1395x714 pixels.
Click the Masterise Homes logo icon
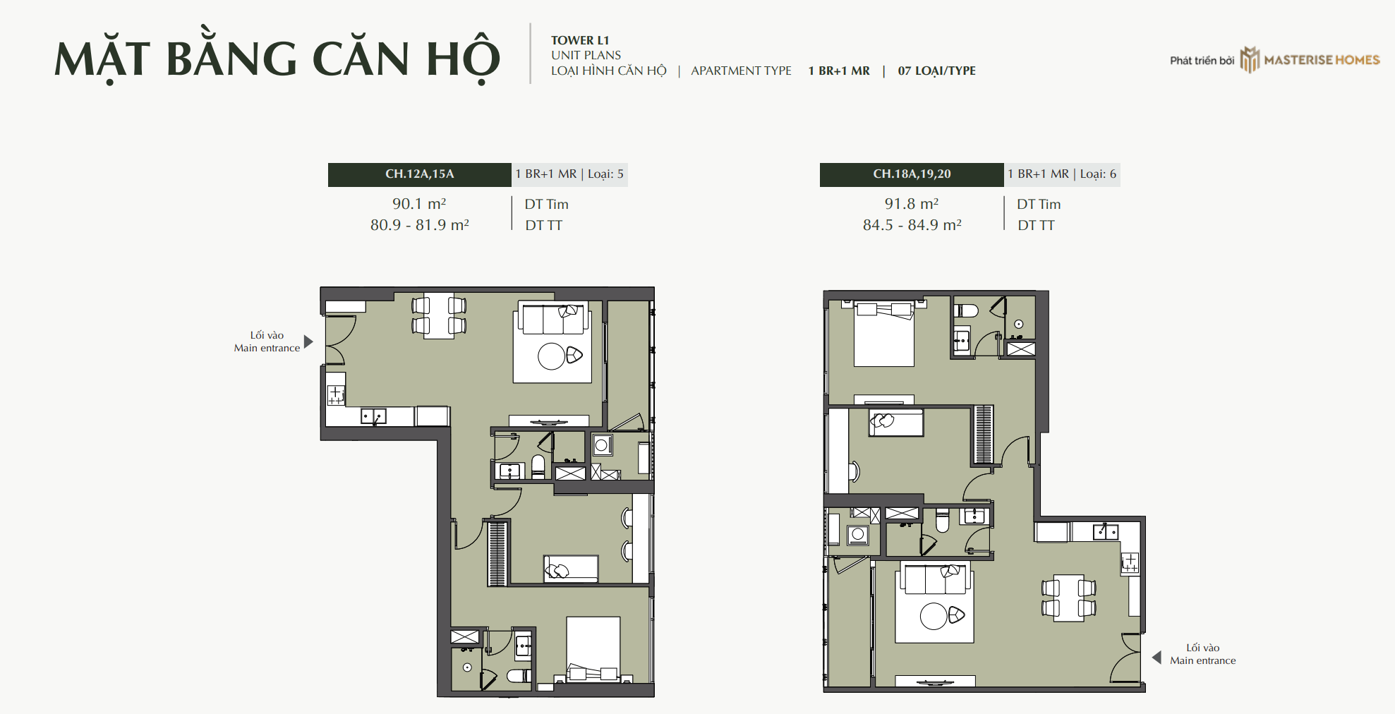(1250, 60)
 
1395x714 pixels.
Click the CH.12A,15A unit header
(420, 174)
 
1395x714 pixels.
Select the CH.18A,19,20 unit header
(912, 174)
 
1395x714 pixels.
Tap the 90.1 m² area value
(419, 204)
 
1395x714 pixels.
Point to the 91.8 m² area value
(912, 204)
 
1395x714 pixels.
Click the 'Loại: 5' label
(605, 174)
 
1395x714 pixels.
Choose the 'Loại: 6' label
(1098, 174)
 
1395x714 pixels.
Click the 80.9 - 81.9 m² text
(420, 225)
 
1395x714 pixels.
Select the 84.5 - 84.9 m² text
(912, 225)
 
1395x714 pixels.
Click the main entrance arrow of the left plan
(308, 341)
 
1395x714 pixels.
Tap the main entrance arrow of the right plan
(1157, 658)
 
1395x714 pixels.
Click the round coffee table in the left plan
(551, 356)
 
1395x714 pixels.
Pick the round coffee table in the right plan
(934, 616)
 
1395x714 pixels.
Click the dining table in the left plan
(439, 315)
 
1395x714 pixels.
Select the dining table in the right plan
(1068, 598)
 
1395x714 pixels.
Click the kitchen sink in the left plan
(373, 416)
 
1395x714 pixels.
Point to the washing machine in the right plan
(858, 535)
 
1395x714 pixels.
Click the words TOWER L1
(580, 41)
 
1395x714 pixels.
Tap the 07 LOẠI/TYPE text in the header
(936, 71)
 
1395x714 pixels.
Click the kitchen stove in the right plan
(1130, 562)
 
